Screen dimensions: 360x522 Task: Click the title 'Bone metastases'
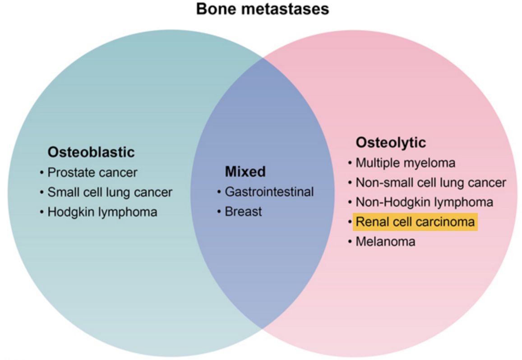(262, 9)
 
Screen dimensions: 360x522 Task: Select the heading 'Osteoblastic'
(91, 152)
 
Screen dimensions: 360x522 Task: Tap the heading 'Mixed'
(245, 171)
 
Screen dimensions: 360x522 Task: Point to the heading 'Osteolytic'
(390, 143)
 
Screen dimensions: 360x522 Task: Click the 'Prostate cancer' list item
(92, 172)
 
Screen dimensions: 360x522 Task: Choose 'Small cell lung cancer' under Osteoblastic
(110, 192)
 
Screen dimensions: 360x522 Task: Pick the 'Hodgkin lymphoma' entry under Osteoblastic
(102, 212)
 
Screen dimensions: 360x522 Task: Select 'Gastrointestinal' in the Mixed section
(269, 192)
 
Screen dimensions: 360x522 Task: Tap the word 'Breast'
(243, 212)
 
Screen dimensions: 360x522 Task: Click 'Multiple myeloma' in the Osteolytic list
(405, 162)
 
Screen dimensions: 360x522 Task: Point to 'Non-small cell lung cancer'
(430, 182)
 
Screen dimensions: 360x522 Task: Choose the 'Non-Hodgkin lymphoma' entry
(424, 202)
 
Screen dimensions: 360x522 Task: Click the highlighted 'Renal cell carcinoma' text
(415, 222)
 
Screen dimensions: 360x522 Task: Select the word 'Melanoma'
(385, 241)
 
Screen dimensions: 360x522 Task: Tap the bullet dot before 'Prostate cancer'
(42, 173)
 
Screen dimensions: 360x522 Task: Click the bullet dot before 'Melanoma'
(350, 242)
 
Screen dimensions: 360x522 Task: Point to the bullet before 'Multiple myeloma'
(350, 163)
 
